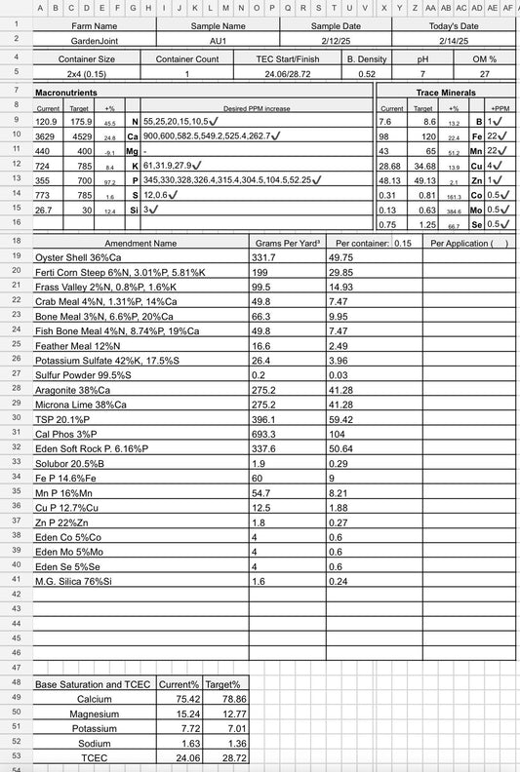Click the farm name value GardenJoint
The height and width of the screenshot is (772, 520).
pos(94,42)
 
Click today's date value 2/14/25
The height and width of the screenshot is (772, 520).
pos(455,42)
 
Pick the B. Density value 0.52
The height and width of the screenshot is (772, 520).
pos(367,74)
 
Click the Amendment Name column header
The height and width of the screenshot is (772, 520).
pos(141,243)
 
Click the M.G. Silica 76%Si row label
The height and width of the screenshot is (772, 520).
pos(74,580)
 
